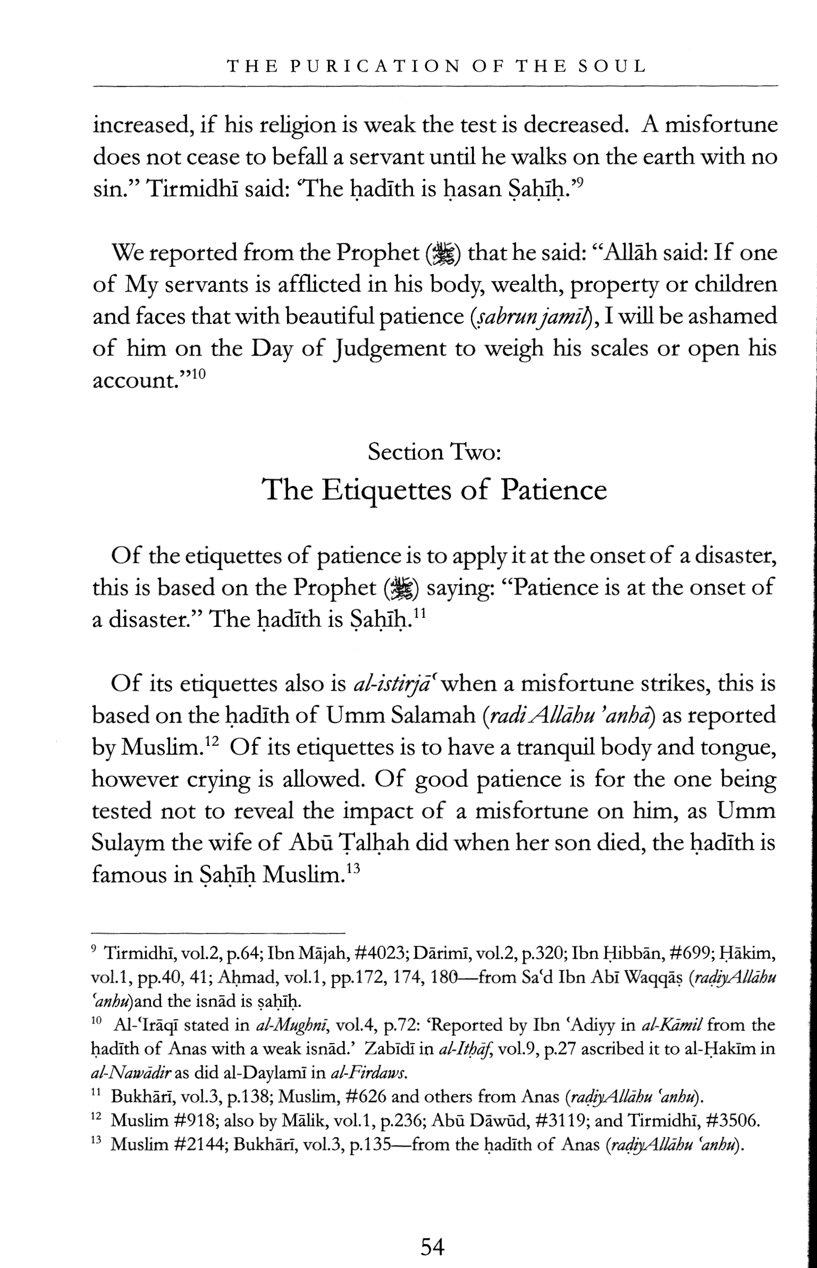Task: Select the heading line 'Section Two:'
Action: [x=433, y=452]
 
